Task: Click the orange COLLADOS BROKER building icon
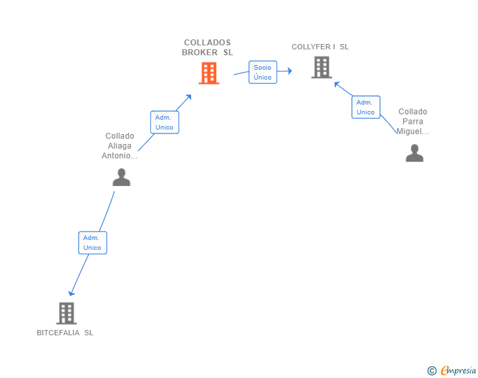tap(209, 73)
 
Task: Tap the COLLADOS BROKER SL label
tap(207, 47)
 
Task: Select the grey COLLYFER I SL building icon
tap(321, 67)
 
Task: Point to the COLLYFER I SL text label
tap(320, 47)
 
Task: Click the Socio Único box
tap(263, 72)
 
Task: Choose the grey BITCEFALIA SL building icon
tap(66, 313)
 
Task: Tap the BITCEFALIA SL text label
tap(65, 333)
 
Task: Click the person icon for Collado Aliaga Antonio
tap(121, 177)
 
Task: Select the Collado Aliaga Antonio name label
tap(119, 146)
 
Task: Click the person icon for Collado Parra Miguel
tap(414, 153)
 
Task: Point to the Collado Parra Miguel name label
tap(413, 122)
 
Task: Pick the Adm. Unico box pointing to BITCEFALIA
tap(93, 243)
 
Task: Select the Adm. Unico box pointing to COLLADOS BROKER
tap(164, 122)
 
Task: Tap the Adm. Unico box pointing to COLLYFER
tap(366, 107)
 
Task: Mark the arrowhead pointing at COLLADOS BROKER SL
tap(188, 97)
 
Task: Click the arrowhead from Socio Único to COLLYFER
tap(289, 70)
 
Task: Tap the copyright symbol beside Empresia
tap(431, 371)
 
